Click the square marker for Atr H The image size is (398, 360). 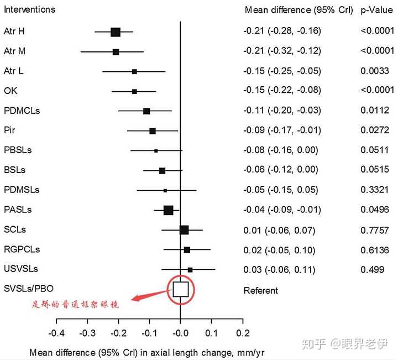(116, 32)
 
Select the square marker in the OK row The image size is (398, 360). (134, 91)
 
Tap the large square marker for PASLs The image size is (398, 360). (169, 210)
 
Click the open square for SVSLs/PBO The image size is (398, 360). (181, 290)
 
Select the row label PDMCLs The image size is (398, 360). (22, 111)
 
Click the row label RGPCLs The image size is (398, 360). (22, 250)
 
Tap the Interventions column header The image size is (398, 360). (30, 10)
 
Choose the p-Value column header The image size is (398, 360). (376, 10)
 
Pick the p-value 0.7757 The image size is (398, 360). (374, 230)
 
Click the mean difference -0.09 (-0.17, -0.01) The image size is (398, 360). (281, 131)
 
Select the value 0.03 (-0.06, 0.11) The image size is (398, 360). (279, 270)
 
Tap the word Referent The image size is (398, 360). (261, 290)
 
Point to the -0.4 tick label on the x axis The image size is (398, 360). (56, 333)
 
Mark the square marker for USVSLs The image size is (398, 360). (190, 270)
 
